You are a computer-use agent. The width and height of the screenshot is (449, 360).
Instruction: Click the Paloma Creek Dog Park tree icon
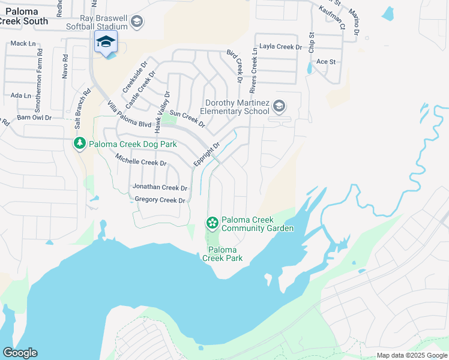pos(79,144)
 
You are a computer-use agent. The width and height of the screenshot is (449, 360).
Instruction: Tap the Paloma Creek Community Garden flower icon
pos(212,223)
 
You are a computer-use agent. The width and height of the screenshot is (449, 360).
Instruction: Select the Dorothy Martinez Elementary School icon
pos(279,107)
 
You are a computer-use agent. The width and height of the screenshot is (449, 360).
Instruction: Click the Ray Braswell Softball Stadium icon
pos(137,23)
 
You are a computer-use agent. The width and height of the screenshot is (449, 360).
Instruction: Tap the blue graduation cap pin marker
pos(106,43)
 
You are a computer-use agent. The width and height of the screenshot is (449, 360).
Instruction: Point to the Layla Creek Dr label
pos(280,47)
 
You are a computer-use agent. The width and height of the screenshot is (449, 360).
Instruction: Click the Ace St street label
pos(325,62)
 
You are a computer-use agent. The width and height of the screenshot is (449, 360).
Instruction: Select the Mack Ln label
pos(23,43)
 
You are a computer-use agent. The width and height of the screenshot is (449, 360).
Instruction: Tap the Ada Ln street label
pos(20,95)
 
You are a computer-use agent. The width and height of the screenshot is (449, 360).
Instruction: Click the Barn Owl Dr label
pos(34,118)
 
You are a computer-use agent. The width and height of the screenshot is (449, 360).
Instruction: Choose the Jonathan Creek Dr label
pos(160,187)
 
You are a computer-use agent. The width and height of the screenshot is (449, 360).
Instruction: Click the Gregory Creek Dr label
pos(160,200)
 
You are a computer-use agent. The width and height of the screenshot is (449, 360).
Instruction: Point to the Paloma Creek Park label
pos(222,254)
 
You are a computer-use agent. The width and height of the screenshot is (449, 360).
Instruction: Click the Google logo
pos(19,353)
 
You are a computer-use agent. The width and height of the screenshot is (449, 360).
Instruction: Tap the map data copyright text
pos(412,355)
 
